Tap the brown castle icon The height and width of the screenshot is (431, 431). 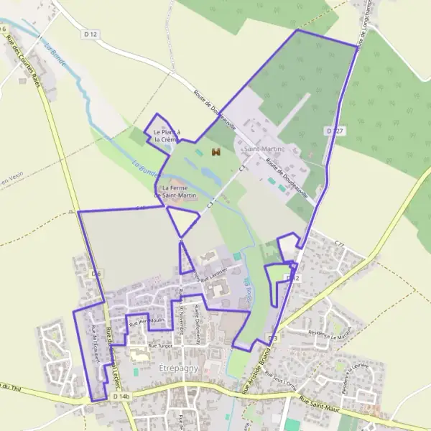pos(215,152)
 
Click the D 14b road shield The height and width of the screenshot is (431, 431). pos(121,397)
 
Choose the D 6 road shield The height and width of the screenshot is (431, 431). pos(97,274)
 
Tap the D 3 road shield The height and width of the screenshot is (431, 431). pos(272,338)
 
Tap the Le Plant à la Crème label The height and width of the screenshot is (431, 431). pos(166,135)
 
